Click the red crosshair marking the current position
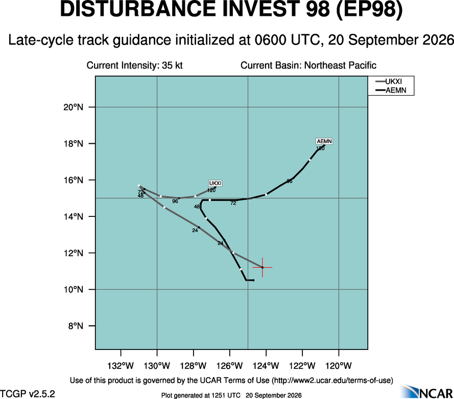262,268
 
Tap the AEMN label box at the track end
324,141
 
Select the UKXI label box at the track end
216,183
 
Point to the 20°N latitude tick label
73,107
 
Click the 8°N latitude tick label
76,326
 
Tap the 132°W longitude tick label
121,366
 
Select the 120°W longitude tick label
339,366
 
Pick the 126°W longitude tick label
230,366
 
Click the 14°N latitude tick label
73,216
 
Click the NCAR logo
427,391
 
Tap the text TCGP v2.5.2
28,394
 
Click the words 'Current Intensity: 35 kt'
135,65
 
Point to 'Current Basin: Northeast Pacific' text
308,65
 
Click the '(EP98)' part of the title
369,9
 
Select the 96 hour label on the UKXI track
175,201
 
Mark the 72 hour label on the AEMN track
233,203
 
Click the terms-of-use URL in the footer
332,380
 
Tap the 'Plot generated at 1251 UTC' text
201,395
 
